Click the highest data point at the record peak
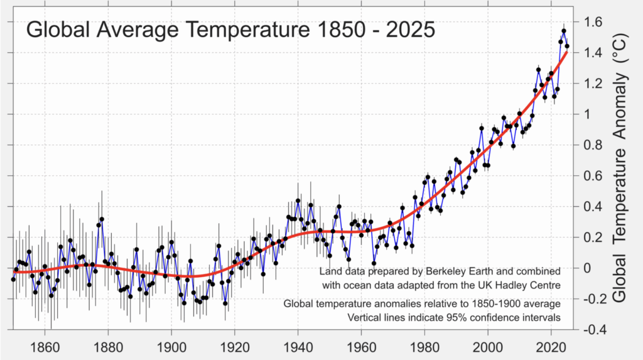(x=564, y=31)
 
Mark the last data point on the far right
(x=567, y=46)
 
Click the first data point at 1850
(x=13, y=279)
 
